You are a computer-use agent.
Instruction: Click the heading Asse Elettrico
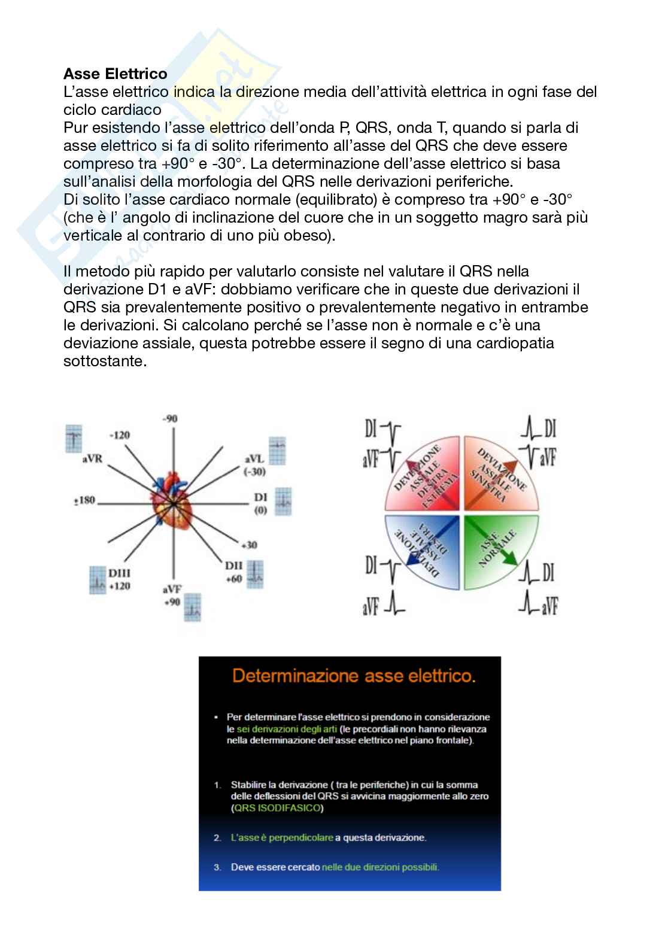(x=115, y=74)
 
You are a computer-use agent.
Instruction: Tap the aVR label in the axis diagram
(x=92, y=459)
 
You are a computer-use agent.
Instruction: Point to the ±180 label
(x=84, y=500)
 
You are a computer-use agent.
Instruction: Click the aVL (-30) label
(x=254, y=465)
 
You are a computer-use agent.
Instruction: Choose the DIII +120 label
(x=119, y=579)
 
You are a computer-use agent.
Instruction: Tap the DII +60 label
(x=233, y=572)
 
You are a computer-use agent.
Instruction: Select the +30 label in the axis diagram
(x=249, y=545)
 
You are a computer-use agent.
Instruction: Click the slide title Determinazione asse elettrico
(x=354, y=676)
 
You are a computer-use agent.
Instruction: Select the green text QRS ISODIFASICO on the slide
(x=278, y=808)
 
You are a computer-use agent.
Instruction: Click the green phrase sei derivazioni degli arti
(x=286, y=729)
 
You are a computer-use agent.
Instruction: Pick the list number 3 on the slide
(x=218, y=867)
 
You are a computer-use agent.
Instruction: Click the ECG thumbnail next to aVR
(x=73, y=439)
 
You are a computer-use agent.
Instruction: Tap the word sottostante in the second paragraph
(x=105, y=361)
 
